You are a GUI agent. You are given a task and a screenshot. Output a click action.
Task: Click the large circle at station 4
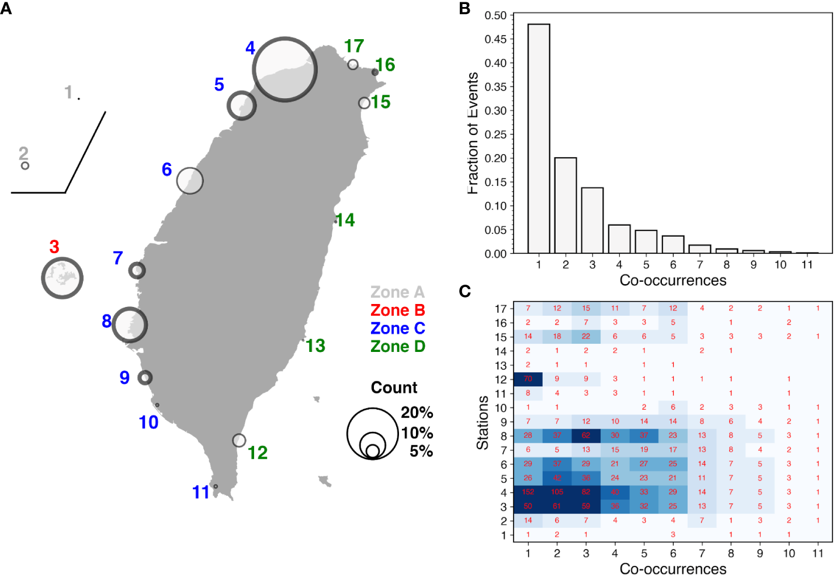pyautogui.click(x=285, y=70)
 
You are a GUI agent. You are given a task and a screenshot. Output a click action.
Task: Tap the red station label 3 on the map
pyautogui.click(x=54, y=247)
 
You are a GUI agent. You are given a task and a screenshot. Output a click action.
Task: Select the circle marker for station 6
pyautogui.click(x=190, y=181)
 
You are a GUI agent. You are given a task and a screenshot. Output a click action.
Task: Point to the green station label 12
pyautogui.click(x=258, y=452)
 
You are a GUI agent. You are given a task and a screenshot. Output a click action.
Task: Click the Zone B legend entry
pyautogui.click(x=397, y=310)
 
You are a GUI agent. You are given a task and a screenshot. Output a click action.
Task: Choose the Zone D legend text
pyautogui.click(x=397, y=347)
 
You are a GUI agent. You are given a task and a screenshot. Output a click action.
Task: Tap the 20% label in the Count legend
pyautogui.click(x=417, y=413)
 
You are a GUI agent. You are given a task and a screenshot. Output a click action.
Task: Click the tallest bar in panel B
pyautogui.click(x=539, y=139)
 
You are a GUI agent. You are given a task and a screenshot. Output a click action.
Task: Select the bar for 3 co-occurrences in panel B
pyautogui.click(x=592, y=220)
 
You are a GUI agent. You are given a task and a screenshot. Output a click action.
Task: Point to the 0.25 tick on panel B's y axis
pyautogui.click(x=495, y=134)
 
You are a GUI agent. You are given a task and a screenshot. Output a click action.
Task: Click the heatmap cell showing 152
pyautogui.click(x=528, y=492)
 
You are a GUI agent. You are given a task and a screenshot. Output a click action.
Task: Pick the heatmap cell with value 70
pyautogui.click(x=528, y=379)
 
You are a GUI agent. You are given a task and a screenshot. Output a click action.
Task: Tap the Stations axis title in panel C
pyautogui.click(x=483, y=423)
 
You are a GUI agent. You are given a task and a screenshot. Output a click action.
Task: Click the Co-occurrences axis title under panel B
pyautogui.click(x=673, y=281)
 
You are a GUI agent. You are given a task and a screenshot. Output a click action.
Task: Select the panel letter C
pyautogui.click(x=465, y=291)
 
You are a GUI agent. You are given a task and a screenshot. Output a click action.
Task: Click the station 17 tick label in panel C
pyautogui.click(x=501, y=309)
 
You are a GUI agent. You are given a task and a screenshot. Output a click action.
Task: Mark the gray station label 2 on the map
pyautogui.click(x=23, y=153)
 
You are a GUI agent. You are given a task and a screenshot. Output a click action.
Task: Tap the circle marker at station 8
pyautogui.click(x=130, y=324)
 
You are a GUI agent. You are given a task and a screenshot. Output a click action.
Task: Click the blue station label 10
pyautogui.click(x=148, y=422)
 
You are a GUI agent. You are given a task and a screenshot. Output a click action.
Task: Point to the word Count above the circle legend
pyautogui.click(x=394, y=388)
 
